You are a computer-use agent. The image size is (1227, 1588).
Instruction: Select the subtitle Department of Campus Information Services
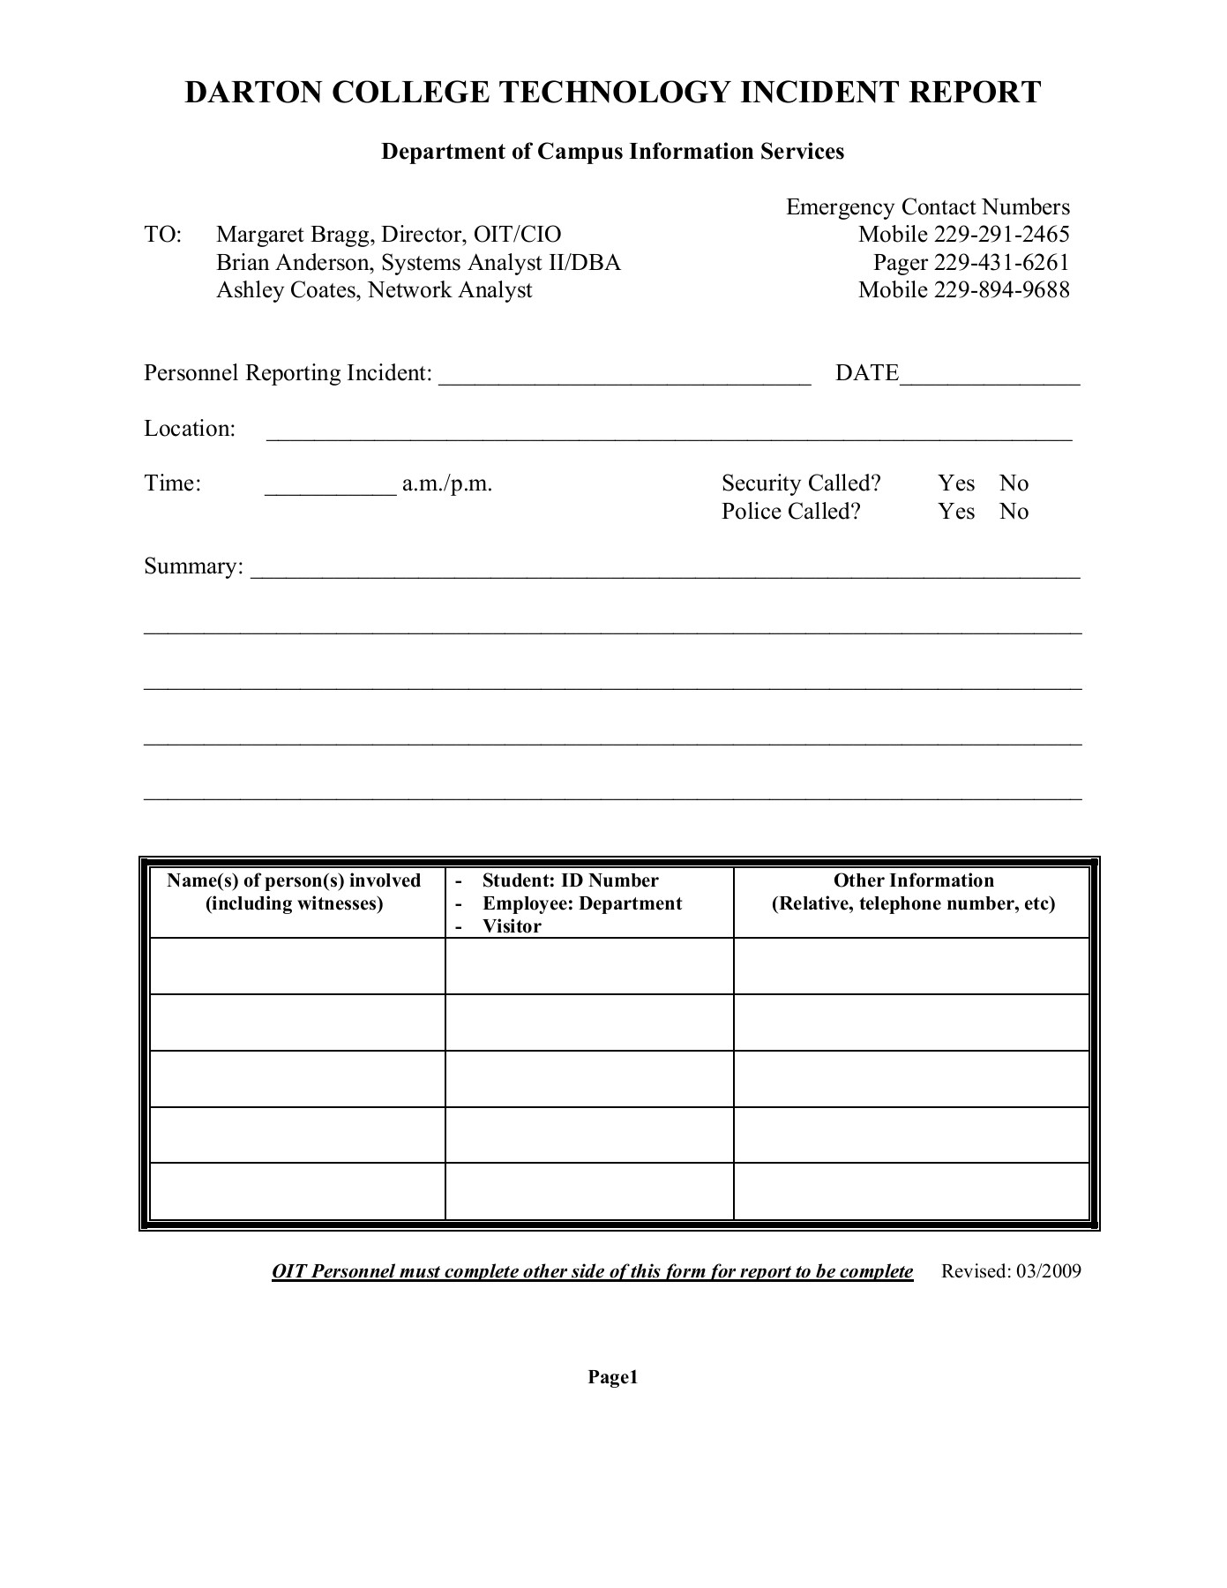point(612,152)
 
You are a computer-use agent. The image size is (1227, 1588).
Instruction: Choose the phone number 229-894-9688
point(1001,290)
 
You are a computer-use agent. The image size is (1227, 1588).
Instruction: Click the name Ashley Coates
point(285,290)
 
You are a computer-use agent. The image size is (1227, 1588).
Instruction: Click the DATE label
point(866,373)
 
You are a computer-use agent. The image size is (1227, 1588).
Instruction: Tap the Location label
point(190,429)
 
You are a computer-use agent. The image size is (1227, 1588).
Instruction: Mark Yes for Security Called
point(956,483)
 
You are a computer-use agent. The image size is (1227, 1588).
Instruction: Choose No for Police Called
point(1014,512)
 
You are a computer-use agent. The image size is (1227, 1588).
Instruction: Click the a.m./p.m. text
point(447,483)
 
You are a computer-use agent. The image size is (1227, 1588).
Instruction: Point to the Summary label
point(193,566)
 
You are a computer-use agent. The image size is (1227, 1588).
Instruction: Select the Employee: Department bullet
point(581,903)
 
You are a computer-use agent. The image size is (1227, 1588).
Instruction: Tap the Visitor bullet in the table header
point(512,926)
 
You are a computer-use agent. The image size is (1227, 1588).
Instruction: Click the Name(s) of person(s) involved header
point(295,880)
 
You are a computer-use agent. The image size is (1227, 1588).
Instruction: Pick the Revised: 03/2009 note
point(1011,1271)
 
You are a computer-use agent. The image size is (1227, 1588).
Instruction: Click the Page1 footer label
point(612,1378)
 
